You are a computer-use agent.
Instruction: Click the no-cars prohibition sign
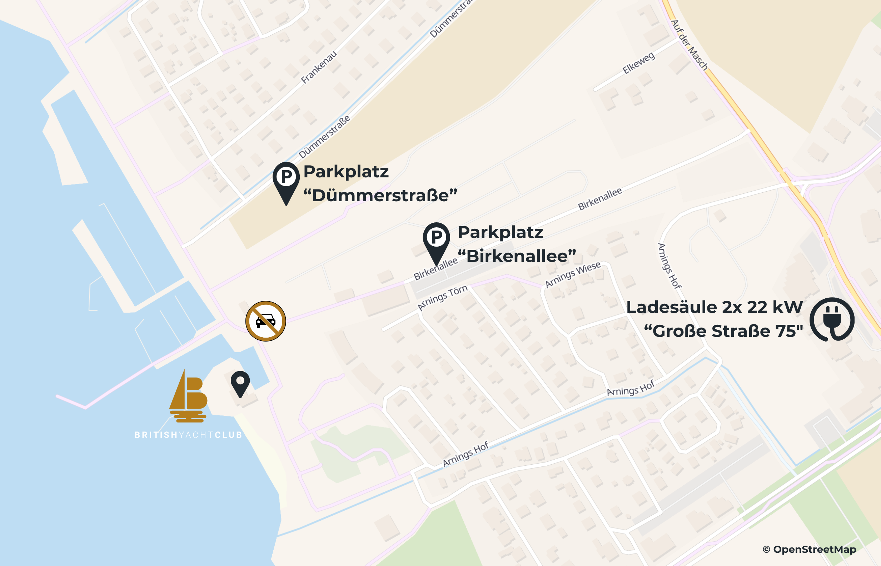(x=265, y=321)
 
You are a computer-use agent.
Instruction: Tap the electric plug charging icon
(x=832, y=319)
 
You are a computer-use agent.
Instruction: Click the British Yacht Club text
(x=188, y=435)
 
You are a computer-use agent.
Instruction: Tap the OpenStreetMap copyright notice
(x=809, y=550)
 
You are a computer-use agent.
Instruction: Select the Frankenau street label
(x=319, y=67)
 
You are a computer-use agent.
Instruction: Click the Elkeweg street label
(x=638, y=63)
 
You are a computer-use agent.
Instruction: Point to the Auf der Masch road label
(x=690, y=45)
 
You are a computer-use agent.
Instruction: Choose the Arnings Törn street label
(x=443, y=298)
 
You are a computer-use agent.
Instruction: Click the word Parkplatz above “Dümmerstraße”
(x=346, y=172)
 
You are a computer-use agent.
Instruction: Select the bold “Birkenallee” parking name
(x=517, y=256)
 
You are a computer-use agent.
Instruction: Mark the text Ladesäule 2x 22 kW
(x=715, y=307)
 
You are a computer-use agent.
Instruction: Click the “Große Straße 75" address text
(x=723, y=331)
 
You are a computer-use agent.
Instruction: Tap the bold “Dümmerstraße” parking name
(x=380, y=195)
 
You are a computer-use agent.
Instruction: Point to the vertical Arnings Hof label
(x=669, y=266)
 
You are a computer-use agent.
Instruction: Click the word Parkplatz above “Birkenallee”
(x=500, y=232)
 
